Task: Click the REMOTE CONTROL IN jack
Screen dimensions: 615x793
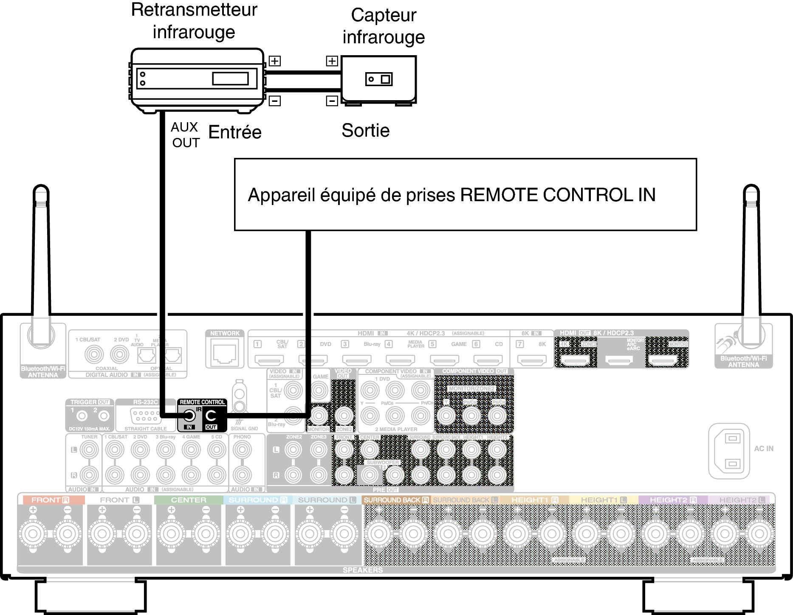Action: pyautogui.click(x=189, y=416)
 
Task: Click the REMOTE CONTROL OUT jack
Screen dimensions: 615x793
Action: pyautogui.click(x=211, y=416)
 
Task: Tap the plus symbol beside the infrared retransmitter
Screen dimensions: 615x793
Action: pyautogui.click(x=275, y=61)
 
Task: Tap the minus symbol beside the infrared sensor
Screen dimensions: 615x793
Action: pyautogui.click(x=332, y=101)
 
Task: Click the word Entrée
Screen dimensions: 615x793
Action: pyautogui.click(x=235, y=132)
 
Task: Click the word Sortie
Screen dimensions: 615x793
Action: pyautogui.click(x=365, y=130)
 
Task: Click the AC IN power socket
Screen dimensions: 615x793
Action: pyautogui.click(x=729, y=451)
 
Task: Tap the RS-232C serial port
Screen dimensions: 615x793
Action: pyautogui.click(x=145, y=416)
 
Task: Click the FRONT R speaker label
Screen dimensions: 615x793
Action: pyautogui.click(x=51, y=500)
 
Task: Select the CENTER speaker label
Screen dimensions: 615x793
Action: pyautogui.click(x=189, y=500)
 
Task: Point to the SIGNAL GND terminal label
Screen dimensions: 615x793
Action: pyautogui.click(x=244, y=429)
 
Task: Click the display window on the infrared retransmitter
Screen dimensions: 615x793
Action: pyautogui.click(x=230, y=79)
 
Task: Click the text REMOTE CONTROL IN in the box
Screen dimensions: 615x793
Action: pyautogui.click(x=558, y=195)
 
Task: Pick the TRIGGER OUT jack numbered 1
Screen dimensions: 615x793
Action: pyautogui.click(x=82, y=416)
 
